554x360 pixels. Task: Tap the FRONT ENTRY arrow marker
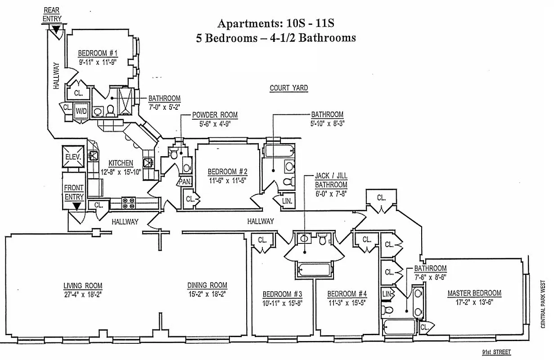click(x=77, y=207)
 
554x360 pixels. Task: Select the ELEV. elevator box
click(x=73, y=157)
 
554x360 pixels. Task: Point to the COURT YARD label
click(x=288, y=88)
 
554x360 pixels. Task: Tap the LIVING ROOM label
click(x=82, y=286)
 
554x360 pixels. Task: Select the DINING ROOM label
click(x=207, y=285)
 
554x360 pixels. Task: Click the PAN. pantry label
click(x=184, y=182)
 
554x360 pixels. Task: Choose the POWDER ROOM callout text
click(x=215, y=115)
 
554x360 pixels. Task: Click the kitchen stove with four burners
click(x=129, y=203)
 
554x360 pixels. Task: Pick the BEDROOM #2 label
click(x=227, y=171)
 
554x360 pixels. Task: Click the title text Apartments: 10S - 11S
click(x=275, y=23)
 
